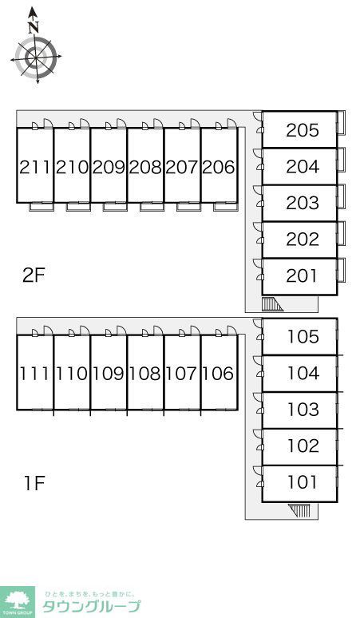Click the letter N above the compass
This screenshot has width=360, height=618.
[x=34, y=27]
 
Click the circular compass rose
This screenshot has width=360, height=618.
[x=36, y=57]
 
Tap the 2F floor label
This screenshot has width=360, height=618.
[x=34, y=275]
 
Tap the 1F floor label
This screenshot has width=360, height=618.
[x=35, y=483]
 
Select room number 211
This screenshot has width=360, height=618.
[x=35, y=168]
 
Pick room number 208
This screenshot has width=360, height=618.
[x=145, y=168]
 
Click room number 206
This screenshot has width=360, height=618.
[x=219, y=168]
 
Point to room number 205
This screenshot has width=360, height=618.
[x=302, y=130]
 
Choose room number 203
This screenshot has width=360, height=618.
[x=302, y=203]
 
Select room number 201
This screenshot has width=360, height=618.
[x=302, y=276]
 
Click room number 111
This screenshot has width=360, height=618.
[x=34, y=373]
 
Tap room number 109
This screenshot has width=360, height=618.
[x=109, y=373]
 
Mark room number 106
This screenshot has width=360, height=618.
[x=218, y=373]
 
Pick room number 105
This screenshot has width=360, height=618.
[x=303, y=337]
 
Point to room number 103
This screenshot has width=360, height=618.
[x=303, y=410]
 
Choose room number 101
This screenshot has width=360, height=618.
[x=302, y=482]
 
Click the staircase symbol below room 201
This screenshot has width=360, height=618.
[x=271, y=304]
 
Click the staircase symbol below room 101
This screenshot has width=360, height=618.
[x=299, y=510]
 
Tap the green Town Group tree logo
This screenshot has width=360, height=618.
[x=18, y=602]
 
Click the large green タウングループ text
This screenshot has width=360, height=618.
[x=91, y=606]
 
